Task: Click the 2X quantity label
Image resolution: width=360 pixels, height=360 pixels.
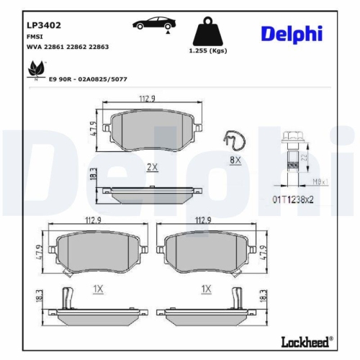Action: pyautogui.click(x=152, y=166)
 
